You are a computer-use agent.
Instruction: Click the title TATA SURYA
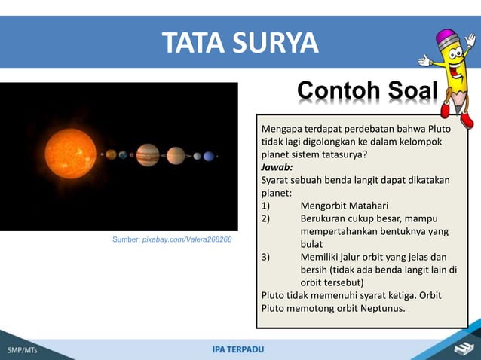[240, 42]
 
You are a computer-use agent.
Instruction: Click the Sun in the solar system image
[69, 154]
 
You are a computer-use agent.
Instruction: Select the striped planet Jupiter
[148, 155]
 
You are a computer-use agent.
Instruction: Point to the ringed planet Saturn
[176, 156]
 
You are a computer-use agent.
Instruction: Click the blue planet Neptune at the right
[209, 156]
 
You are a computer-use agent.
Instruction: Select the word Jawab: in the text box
[277, 167]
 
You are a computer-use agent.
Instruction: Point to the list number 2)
[266, 218]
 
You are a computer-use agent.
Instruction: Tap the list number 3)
[266, 257]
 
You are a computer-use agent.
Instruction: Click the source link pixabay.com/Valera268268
[187, 239]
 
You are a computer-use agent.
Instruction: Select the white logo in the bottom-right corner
[461, 348]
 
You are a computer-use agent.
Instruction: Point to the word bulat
[311, 244]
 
